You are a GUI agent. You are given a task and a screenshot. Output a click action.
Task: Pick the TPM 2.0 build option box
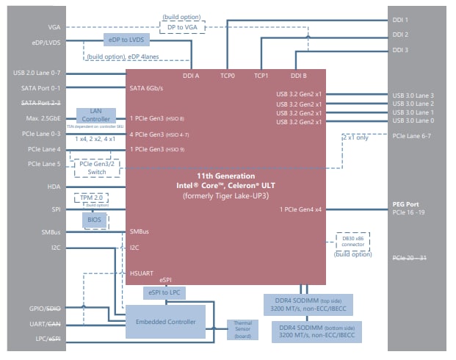point(93,200)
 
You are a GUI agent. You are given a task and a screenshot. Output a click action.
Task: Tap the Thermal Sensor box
point(242,330)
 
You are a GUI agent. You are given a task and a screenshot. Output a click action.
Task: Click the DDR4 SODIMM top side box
point(306,303)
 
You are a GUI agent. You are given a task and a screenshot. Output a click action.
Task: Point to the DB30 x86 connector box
point(348,241)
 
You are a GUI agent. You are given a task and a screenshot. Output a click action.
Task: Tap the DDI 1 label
point(401,20)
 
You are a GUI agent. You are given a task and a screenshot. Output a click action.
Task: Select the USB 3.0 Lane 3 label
point(413,96)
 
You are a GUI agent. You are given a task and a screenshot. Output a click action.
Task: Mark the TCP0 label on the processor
point(227,76)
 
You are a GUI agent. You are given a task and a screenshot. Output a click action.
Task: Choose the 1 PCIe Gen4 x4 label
point(300,209)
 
